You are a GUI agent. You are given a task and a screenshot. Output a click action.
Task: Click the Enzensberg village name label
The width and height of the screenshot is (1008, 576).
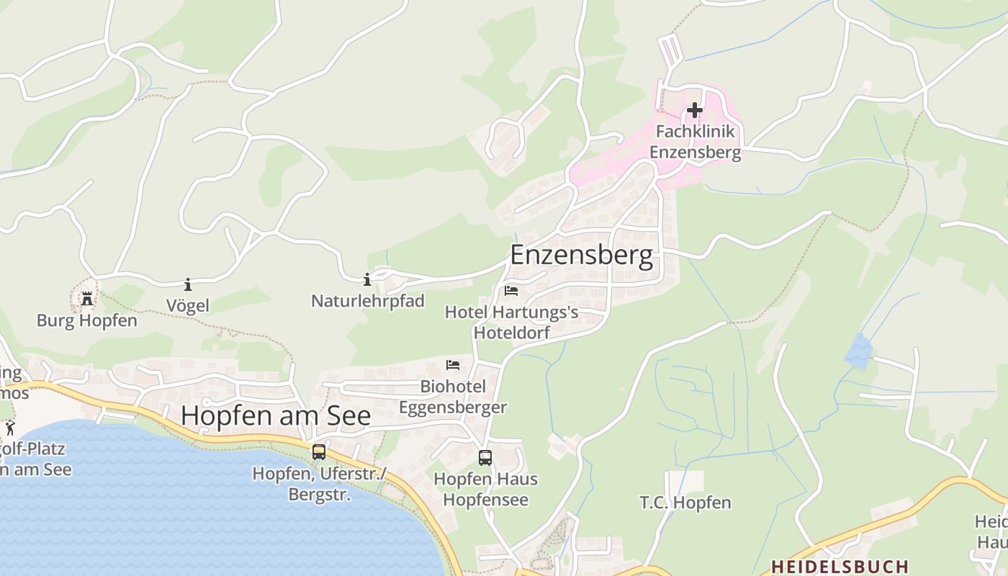[x=582, y=255]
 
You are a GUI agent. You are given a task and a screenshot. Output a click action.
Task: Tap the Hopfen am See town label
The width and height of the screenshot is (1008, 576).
[x=276, y=415]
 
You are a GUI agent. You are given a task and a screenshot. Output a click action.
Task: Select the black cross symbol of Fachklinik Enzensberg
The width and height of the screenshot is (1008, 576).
[x=694, y=110]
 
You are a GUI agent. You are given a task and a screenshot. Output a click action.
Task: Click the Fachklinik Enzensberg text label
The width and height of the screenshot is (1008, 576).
[x=695, y=142]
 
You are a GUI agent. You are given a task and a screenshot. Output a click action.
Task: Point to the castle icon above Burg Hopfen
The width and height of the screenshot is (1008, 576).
[x=87, y=298]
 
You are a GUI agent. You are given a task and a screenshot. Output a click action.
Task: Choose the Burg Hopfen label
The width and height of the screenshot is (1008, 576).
[x=87, y=320]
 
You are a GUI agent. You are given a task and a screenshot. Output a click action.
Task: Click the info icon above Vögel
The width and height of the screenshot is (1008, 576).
[x=188, y=284]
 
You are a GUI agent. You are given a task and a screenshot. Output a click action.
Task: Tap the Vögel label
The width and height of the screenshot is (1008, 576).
[x=188, y=305]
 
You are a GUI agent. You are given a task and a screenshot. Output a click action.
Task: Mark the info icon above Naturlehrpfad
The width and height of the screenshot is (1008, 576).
[x=367, y=279]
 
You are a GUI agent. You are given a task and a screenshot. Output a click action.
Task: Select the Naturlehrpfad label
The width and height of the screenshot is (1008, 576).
[x=368, y=300]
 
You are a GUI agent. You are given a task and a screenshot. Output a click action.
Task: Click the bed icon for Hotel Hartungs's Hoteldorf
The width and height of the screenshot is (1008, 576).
[x=511, y=291]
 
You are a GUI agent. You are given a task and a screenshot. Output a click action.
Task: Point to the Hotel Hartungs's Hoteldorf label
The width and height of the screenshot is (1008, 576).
[x=512, y=322]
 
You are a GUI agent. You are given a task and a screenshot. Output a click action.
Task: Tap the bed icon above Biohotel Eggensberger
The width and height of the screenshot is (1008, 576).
[x=453, y=365]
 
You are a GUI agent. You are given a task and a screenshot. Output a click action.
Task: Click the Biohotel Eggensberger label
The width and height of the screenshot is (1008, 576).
[x=453, y=397]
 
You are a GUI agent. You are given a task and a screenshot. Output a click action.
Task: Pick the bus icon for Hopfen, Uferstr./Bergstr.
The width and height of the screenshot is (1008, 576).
[x=318, y=452]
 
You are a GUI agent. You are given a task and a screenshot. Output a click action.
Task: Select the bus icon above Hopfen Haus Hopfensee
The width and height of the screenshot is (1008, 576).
[x=485, y=457]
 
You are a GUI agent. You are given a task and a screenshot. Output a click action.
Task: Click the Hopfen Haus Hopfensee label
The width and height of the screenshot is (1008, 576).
[x=485, y=489]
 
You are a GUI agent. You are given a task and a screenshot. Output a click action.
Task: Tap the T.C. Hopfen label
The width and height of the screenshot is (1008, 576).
[x=685, y=503]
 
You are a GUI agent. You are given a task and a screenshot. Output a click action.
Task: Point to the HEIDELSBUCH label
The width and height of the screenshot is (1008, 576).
[x=840, y=566]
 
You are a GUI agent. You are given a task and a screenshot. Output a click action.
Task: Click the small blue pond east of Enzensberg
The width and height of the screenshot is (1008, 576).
[x=858, y=351]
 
